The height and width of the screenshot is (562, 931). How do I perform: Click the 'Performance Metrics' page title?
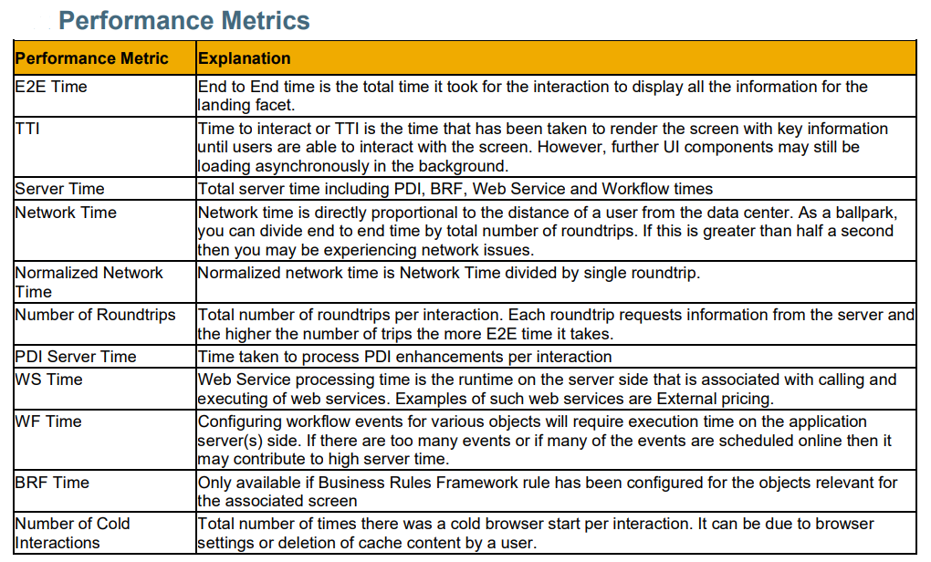[x=184, y=21]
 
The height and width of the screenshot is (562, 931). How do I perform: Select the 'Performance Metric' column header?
[x=91, y=58]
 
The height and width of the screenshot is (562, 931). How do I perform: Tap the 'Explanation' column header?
[x=244, y=58]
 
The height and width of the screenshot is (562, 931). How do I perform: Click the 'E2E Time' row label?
[x=51, y=87]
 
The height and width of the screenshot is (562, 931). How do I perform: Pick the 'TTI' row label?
[x=27, y=129]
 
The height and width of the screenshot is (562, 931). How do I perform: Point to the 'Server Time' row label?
[x=59, y=189]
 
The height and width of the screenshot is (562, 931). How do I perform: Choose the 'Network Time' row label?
[x=66, y=213]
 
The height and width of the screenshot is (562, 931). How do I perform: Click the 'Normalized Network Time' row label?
[x=89, y=282]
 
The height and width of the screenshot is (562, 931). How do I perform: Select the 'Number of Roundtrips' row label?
[x=95, y=315]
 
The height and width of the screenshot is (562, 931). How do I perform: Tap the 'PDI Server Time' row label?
[x=76, y=357]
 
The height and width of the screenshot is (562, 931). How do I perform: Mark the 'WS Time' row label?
[x=48, y=380]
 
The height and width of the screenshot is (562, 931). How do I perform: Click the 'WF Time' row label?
[x=48, y=421]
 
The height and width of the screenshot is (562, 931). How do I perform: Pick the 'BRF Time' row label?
[x=52, y=483]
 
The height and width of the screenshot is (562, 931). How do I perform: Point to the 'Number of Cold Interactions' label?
[x=72, y=533]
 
